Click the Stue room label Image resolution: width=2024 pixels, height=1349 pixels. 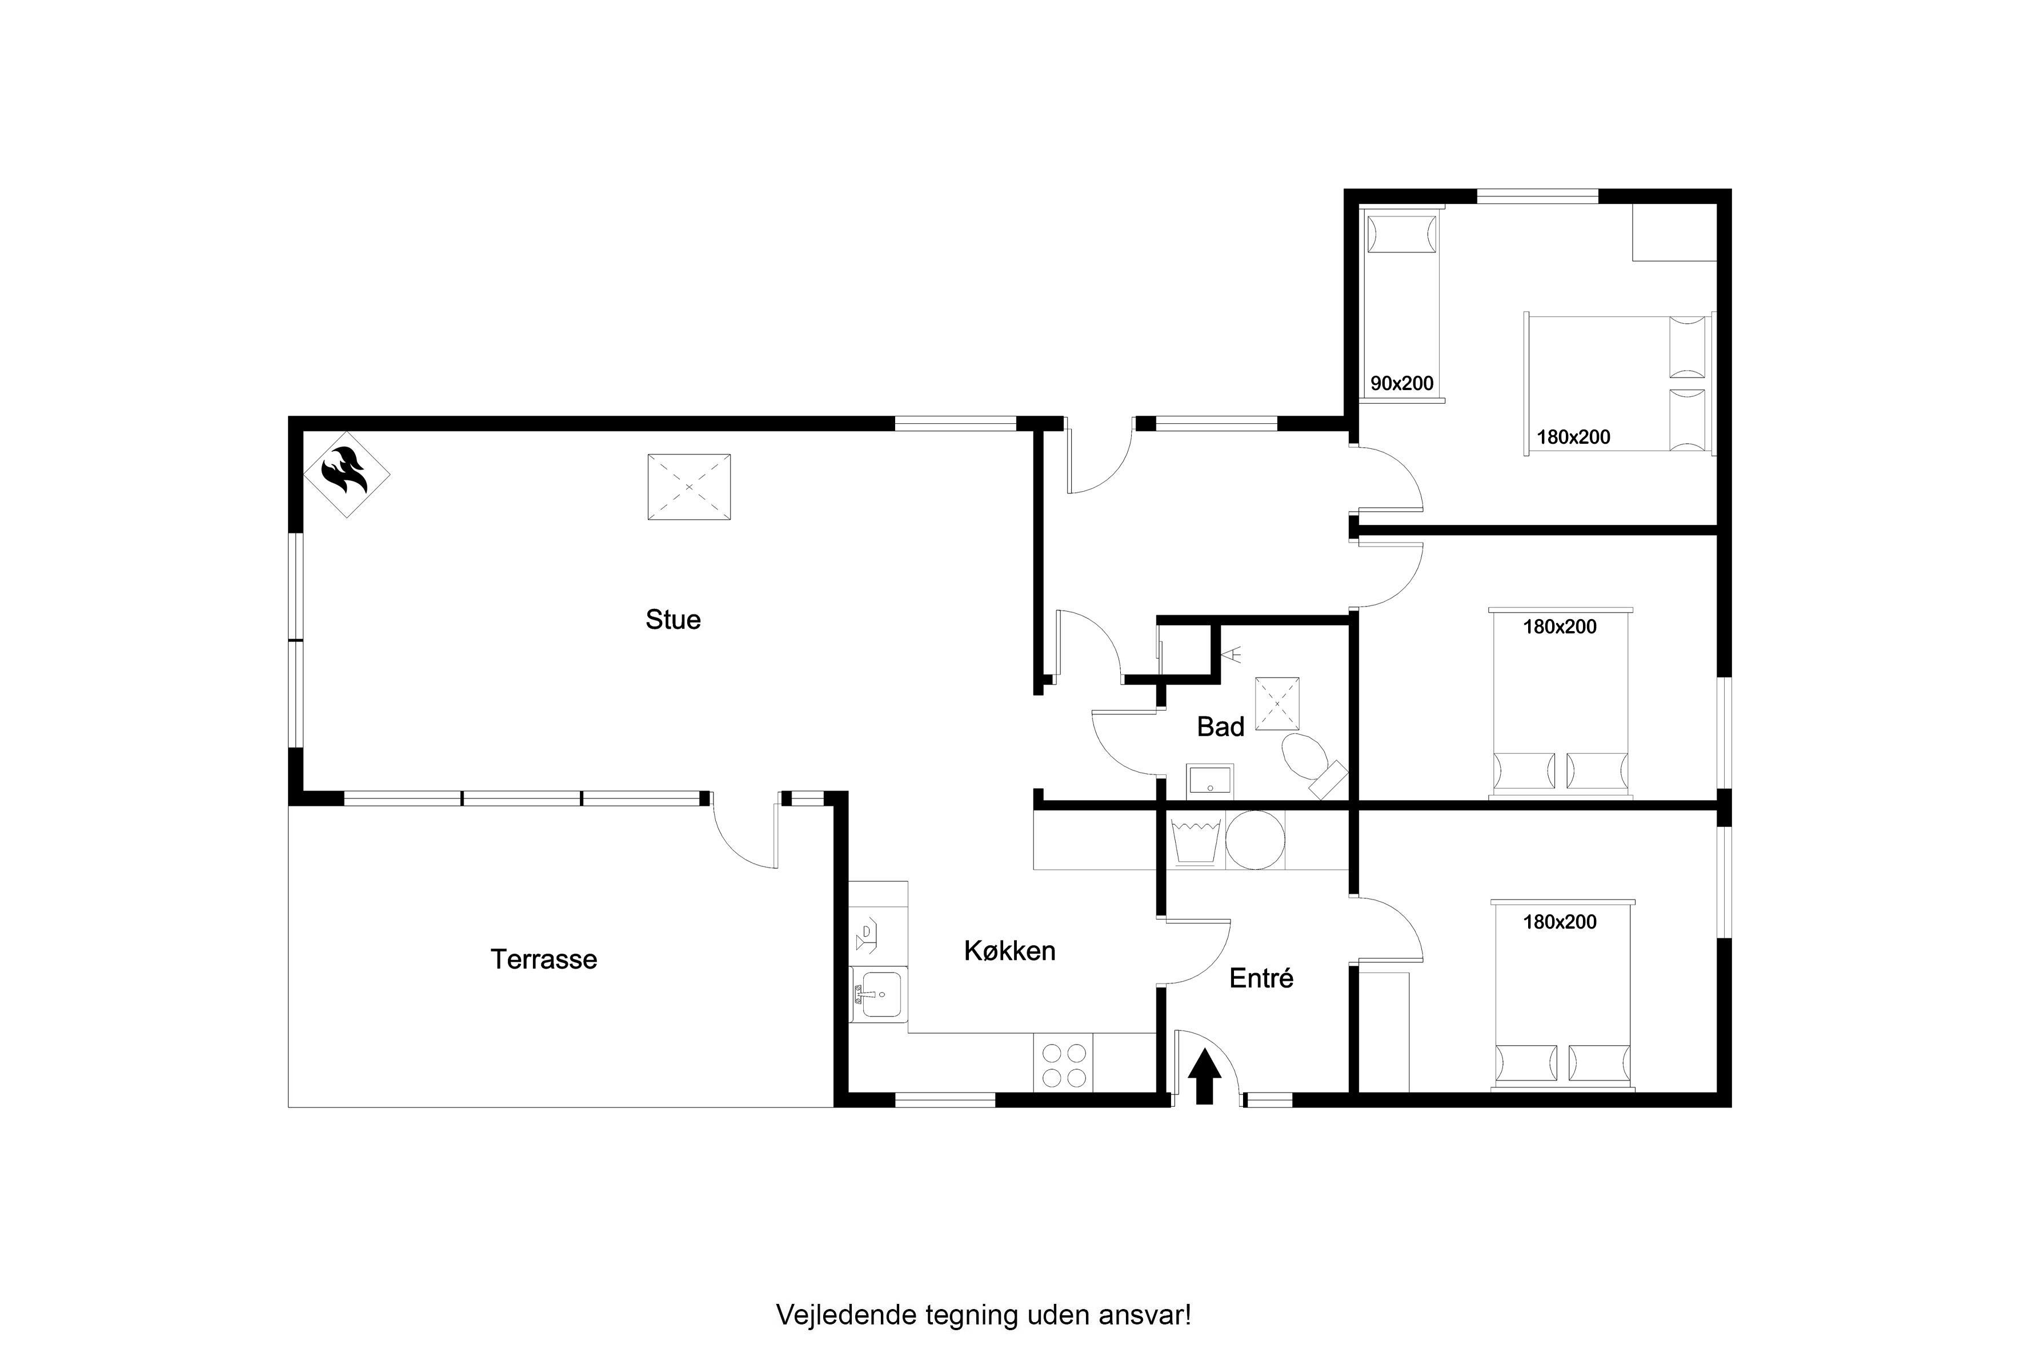tap(673, 620)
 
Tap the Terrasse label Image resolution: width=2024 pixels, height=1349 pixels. tap(544, 959)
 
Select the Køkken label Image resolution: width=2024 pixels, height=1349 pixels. tap(1009, 951)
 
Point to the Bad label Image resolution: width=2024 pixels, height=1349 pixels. tap(1220, 727)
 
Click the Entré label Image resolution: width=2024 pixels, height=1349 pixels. tap(1261, 978)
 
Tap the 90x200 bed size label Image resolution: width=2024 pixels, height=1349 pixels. tap(1402, 384)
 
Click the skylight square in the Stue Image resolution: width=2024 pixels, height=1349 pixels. tap(688, 487)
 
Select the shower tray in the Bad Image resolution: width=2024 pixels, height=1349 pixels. tap(1277, 704)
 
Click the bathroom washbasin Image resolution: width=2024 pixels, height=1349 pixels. tap(1210, 782)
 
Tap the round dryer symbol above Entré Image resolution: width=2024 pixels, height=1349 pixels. tap(1255, 840)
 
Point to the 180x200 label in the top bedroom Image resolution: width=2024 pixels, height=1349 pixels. tap(1573, 437)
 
